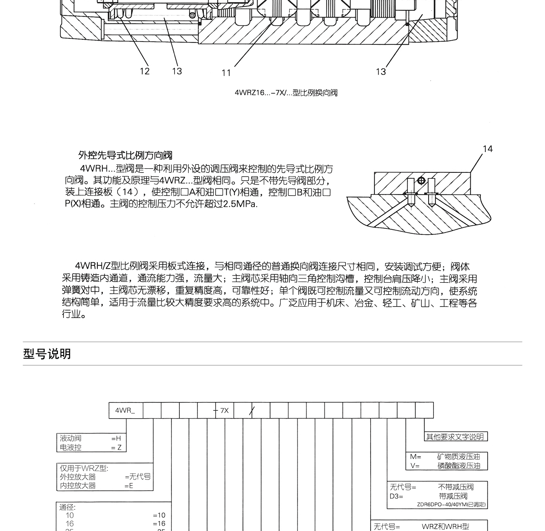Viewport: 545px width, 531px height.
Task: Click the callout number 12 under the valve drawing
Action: pyautogui.click(x=144, y=71)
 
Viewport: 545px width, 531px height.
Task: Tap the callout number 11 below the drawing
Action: pyautogui.click(x=226, y=73)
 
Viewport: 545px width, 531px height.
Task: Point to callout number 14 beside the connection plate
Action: pyautogui.click(x=488, y=149)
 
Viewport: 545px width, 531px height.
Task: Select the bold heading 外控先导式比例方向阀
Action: pyautogui.click(x=125, y=156)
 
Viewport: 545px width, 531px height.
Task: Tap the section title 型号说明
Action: pyautogui.click(x=47, y=354)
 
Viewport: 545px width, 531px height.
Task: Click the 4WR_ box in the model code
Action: pyautogui.click(x=126, y=411)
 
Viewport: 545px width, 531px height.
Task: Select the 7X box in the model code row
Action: pyautogui.click(x=225, y=411)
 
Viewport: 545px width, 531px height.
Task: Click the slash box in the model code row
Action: pyautogui.click(x=252, y=411)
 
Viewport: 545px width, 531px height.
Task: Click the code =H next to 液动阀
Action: pyautogui.click(x=116, y=438)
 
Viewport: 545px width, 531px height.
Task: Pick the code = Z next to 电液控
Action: pyautogui.click(x=116, y=447)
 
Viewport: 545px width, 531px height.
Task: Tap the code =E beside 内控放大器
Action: pyautogui.click(x=129, y=485)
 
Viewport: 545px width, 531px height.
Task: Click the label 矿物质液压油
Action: pyautogui.click(x=459, y=457)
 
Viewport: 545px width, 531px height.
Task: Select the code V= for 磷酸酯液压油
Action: pyautogui.click(x=415, y=466)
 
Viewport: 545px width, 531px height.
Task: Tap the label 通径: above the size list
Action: pyautogui.click(x=68, y=507)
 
